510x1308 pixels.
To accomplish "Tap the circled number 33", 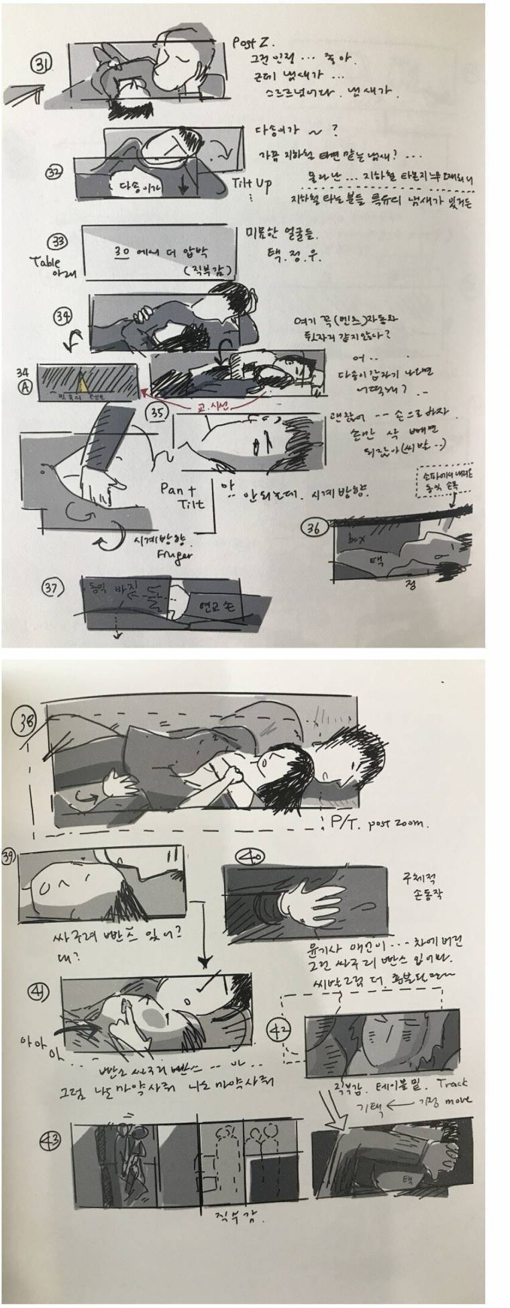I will [x=57, y=243].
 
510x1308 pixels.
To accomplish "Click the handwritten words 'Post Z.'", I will [x=249, y=43].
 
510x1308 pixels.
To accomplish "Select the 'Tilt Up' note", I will [x=252, y=185].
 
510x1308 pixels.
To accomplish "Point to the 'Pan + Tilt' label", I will [x=178, y=495].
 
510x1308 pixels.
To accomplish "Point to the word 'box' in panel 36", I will [x=355, y=539].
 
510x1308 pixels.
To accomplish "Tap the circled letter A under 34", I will [x=25, y=387].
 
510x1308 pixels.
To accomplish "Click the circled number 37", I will [x=52, y=589].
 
